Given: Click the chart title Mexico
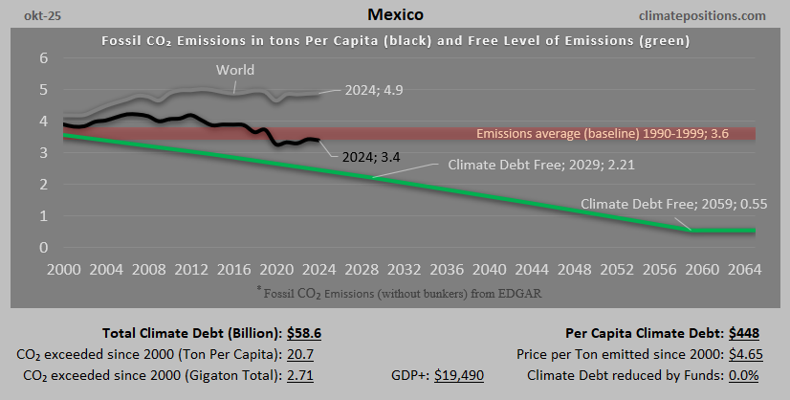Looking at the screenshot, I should coord(394,15).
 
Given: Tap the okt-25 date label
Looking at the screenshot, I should coord(31,15).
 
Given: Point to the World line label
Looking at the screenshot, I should coord(235,70).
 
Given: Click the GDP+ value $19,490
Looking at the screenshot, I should coord(459,375).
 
